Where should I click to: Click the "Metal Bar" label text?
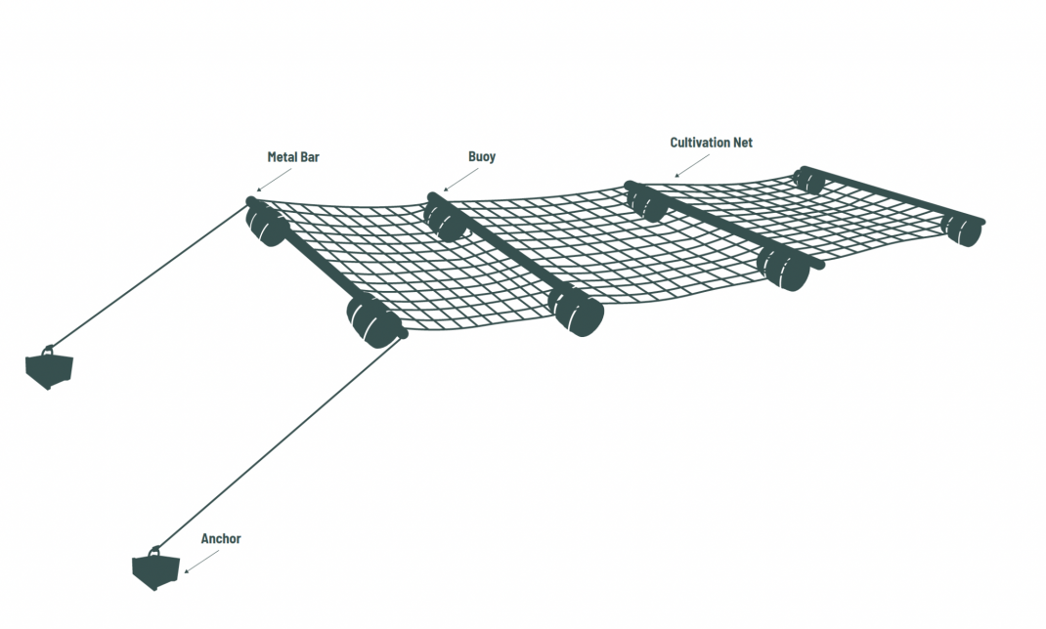(x=294, y=156)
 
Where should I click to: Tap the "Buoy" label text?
(x=482, y=156)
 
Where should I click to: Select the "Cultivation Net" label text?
(x=711, y=143)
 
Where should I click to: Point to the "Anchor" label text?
(x=221, y=538)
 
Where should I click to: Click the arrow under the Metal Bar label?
(x=275, y=178)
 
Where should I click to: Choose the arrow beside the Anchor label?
(x=200, y=560)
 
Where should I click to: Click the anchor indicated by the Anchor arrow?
(x=157, y=568)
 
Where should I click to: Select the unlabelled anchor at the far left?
(x=49, y=367)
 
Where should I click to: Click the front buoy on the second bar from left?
(x=577, y=310)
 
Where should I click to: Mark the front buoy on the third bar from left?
(x=784, y=267)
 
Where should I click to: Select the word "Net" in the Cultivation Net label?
(x=742, y=143)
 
